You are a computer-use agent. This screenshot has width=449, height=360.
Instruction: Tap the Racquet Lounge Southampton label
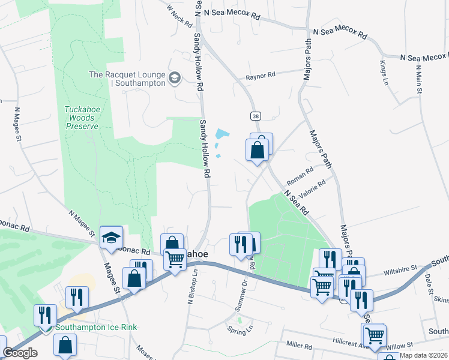click(127, 79)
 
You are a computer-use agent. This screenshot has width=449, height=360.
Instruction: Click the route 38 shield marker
click(255, 115)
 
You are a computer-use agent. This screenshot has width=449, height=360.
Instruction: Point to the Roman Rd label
click(300, 175)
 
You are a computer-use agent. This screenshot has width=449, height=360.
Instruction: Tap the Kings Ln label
click(385, 72)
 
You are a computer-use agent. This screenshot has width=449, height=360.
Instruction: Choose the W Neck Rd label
click(179, 16)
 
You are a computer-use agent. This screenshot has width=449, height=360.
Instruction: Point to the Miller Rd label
click(299, 346)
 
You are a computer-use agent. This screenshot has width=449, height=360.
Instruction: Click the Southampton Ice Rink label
click(96, 328)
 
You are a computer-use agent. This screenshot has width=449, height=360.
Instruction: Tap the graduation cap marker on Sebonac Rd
click(111, 238)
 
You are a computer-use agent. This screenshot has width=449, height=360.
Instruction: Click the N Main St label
click(418, 79)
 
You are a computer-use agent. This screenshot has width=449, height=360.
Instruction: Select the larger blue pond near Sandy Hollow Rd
click(222, 134)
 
